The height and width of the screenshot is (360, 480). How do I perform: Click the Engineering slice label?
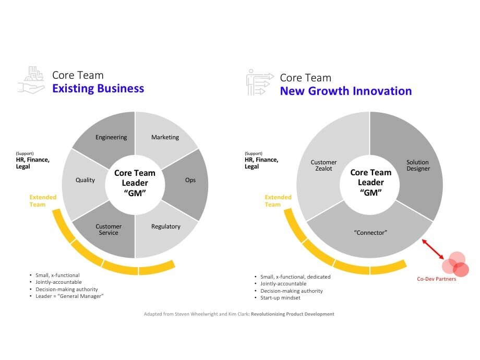pyautogui.click(x=111, y=137)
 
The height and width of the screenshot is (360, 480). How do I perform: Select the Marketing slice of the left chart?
pyautogui.click(x=165, y=137)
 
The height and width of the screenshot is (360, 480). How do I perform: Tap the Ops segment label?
pyautogui.click(x=190, y=180)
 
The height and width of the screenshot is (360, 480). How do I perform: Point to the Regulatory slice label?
pyautogui.click(x=165, y=226)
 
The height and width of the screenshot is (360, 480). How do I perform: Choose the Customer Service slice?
pyautogui.click(x=109, y=230)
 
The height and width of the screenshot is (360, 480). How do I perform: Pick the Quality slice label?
pyautogui.click(x=85, y=180)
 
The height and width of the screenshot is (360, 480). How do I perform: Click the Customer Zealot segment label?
pyautogui.click(x=324, y=165)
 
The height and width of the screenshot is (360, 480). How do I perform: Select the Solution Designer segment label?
pyautogui.click(x=418, y=165)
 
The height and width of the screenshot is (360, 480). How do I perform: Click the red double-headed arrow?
pyautogui.click(x=433, y=248)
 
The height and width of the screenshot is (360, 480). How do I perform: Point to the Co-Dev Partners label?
pyautogui.click(x=436, y=279)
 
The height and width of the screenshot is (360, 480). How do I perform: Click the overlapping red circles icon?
pyautogui.click(x=455, y=263)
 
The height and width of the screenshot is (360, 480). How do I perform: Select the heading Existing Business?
pyautogui.click(x=98, y=88)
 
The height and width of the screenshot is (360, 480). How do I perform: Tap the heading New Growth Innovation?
pyautogui.click(x=345, y=91)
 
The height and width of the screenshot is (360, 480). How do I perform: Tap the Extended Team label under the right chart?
pyautogui.click(x=278, y=201)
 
